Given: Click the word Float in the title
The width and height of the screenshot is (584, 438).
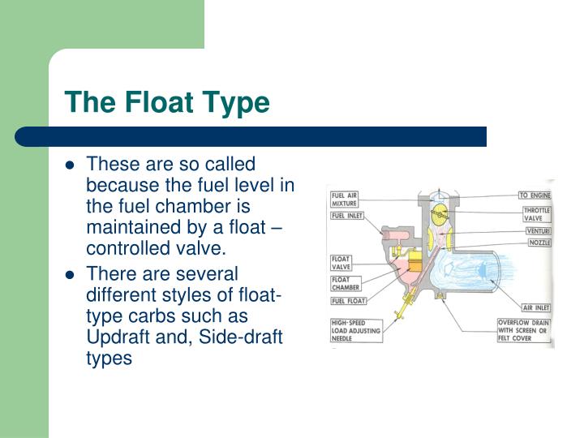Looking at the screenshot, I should click(x=154, y=103).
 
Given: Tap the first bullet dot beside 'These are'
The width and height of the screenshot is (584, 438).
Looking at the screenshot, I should click(x=71, y=165).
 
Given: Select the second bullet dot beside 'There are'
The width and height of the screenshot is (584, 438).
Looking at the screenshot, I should click(x=71, y=273).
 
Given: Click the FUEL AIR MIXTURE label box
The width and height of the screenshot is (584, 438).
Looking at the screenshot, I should click(x=345, y=199).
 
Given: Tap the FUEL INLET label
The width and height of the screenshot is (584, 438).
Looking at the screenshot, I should click(x=347, y=217).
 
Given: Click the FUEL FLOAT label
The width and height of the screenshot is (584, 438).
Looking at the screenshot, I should click(x=347, y=302).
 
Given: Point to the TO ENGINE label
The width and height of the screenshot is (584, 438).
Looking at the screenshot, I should click(x=535, y=195).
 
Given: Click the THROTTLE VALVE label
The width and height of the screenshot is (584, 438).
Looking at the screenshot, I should click(x=536, y=214).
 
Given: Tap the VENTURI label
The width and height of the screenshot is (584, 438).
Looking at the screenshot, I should click(x=537, y=231).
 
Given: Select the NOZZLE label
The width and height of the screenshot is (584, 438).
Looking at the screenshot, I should click(x=537, y=243).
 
